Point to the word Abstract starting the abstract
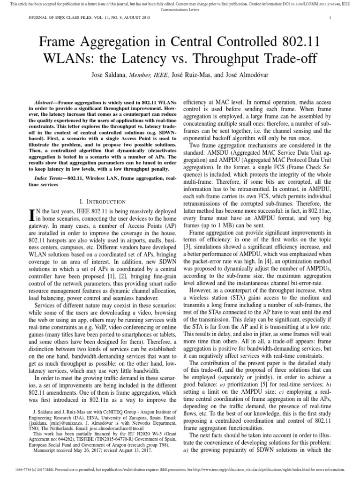46,102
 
